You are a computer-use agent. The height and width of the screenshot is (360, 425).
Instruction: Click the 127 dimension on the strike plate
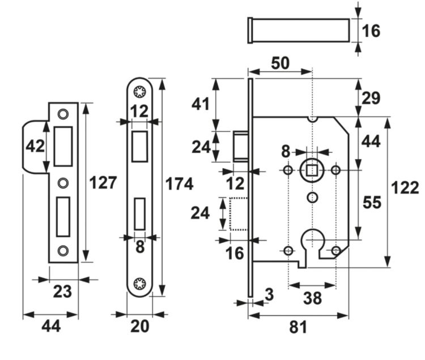click(x=103, y=182)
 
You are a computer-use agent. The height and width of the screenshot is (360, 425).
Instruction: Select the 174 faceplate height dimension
click(x=179, y=184)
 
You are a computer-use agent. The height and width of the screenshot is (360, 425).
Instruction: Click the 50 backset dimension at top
click(x=280, y=63)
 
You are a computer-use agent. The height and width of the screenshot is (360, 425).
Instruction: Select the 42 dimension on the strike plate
click(x=35, y=146)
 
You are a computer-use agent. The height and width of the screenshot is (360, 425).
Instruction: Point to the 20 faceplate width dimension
click(x=139, y=327)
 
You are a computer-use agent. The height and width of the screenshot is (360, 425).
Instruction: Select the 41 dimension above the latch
click(x=201, y=104)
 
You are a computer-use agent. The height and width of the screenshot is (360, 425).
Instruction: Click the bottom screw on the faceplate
click(x=139, y=284)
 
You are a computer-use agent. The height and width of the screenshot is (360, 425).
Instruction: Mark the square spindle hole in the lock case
click(x=311, y=170)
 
